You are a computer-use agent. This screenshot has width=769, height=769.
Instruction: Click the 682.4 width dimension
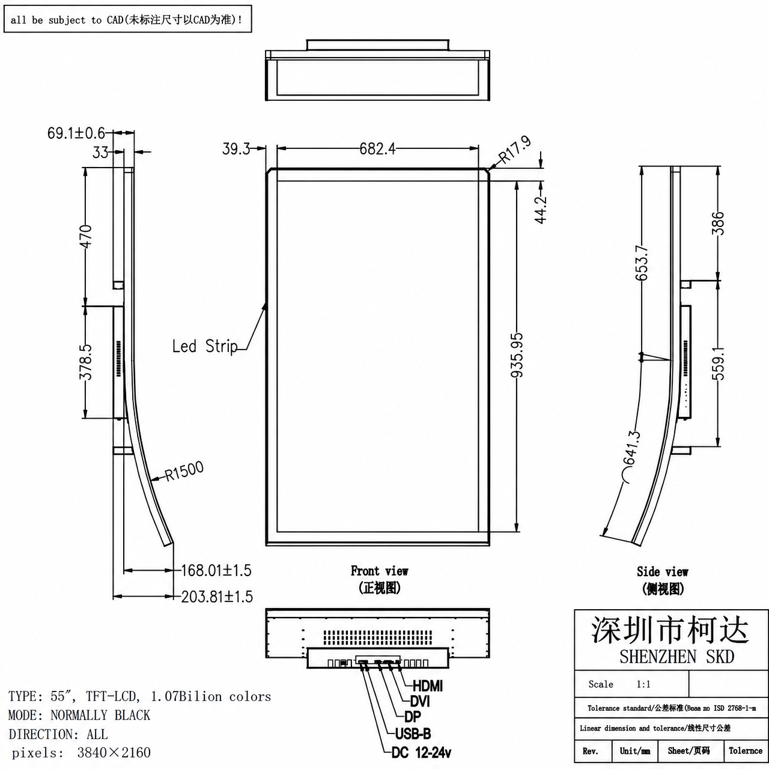377,149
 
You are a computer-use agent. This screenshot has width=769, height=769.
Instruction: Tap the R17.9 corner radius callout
515,150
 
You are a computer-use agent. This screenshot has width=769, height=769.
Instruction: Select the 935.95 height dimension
517,355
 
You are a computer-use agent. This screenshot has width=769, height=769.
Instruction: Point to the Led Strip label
205,346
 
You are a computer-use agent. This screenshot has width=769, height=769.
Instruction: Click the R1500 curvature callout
184,471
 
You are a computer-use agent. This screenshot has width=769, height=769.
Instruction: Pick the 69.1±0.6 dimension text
76,133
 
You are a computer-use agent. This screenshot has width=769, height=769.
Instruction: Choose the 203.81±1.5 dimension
217,597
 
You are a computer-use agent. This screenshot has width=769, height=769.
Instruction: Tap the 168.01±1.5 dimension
216,570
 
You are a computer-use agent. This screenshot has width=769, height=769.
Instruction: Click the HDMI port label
427,686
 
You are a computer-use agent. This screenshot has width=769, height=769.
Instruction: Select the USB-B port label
413,734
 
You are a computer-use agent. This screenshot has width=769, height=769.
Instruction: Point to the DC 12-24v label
421,753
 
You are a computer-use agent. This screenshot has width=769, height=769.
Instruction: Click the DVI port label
420,701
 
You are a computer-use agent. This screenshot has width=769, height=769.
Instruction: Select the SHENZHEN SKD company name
676,657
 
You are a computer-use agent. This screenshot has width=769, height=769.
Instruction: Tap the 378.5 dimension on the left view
85,362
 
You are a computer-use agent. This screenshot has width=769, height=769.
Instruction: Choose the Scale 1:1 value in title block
643,684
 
